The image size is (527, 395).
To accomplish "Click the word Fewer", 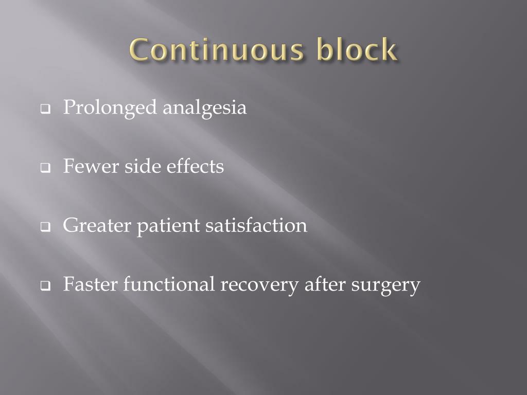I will (x=91, y=167).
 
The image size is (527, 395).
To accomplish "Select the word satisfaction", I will (x=256, y=226).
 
